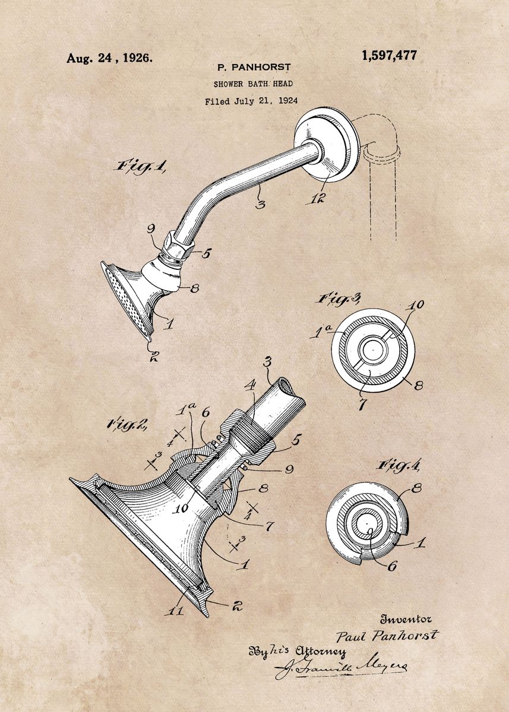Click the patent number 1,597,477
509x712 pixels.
(389, 56)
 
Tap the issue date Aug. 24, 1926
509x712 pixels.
(109, 58)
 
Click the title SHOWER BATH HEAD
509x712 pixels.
(253, 84)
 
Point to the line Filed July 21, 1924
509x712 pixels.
(251, 101)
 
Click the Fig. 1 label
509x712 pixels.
(140, 166)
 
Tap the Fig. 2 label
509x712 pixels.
(128, 424)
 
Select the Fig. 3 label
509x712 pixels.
(339, 299)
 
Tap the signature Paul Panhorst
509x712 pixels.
(387, 636)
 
